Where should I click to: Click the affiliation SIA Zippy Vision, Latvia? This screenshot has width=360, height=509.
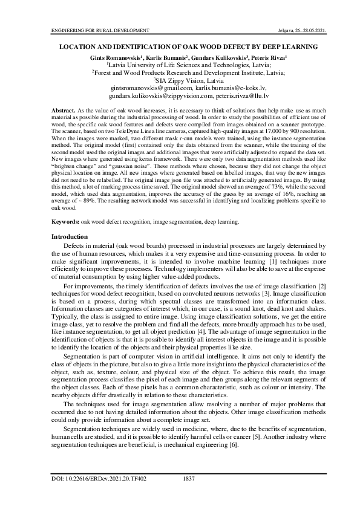pyautogui.click(x=181, y=80)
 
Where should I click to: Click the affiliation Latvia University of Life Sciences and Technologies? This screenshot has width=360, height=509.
pyautogui.click(x=180, y=64)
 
